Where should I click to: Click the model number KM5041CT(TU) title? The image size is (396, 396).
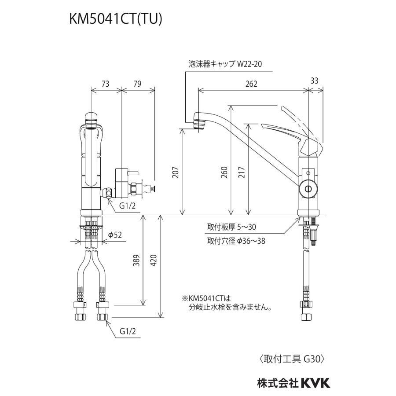(115, 19)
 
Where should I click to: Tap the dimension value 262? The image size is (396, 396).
(251, 84)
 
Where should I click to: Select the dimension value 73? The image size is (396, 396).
(105, 84)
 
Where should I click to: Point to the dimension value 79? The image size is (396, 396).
(137, 84)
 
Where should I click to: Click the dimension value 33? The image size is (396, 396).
(315, 81)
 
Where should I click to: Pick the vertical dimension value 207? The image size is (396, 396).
(176, 172)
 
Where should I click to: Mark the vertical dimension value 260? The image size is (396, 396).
(224, 172)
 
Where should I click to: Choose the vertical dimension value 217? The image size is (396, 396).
(242, 172)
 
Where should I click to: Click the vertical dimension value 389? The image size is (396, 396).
(136, 260)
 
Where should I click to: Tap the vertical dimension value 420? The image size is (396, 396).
(154, 260)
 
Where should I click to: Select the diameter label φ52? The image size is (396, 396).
(115, 235)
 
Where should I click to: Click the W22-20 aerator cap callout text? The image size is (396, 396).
(249, 64)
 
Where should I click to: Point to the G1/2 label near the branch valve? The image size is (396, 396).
(128, 206)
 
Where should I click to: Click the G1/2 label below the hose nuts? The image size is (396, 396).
(128, 331)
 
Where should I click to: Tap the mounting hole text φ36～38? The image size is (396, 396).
(251, 242)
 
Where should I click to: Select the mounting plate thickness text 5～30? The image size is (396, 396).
(247, 227)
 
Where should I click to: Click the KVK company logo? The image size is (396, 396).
(315, 383)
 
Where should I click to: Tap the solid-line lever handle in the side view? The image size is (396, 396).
(286, 131)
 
